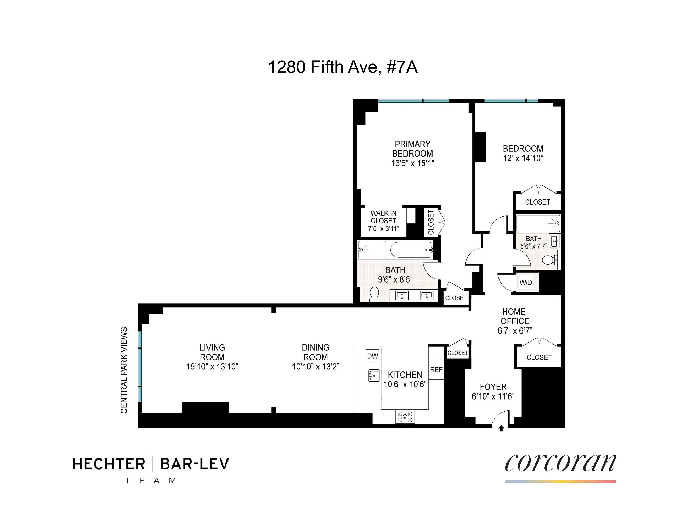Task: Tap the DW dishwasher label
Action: click(373, 356)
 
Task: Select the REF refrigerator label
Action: click(436, 370)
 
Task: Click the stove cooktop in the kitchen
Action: click(405, 417)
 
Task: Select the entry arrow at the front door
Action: click(501, 428)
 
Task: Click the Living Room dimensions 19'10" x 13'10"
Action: click(212, 367)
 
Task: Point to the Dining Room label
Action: click(316, 352)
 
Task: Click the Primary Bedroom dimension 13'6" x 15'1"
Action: click(412, 163)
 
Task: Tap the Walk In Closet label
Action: click(383, 217)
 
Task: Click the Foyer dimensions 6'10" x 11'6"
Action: click(493, 396)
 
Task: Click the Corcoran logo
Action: click(560, 463)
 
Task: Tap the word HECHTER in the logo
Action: click(109, 464)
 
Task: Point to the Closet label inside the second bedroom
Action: click(537, 202)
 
